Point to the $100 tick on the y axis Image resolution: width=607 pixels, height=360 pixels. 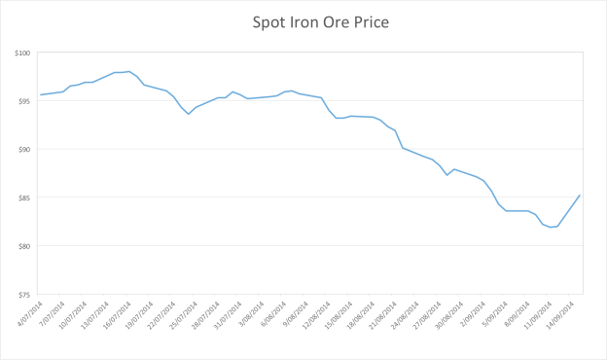click(x=23, y=53)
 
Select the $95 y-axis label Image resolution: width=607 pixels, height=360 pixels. click(x=25, y=101)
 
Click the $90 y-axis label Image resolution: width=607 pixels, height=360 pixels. click(x=25, y=149)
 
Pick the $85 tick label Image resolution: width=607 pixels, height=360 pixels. click(x=25, y=198)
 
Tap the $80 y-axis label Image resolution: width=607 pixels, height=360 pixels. click(x=25, y=245)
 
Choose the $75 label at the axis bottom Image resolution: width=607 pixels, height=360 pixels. click(x=25, y=294)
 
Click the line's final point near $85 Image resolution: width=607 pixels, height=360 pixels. click(x=581, y=195)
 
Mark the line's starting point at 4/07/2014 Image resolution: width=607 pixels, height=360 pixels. click(x=40, y=94)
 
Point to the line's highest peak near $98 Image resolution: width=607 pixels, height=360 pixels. click(x=129, y=71)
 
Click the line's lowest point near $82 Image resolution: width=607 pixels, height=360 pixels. click(x=552, y=227)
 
